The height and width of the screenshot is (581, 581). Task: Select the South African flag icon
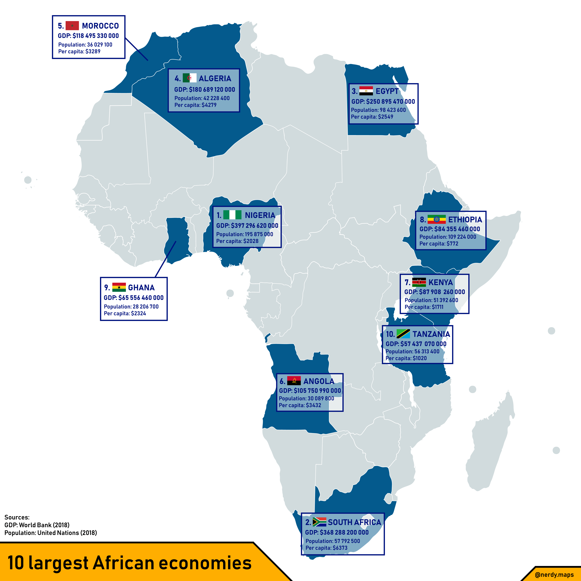pos(319,522)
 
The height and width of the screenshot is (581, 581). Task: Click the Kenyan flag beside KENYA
pos(419,282)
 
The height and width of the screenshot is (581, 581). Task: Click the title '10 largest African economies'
pos(129,563)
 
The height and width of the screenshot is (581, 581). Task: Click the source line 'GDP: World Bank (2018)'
pos(37,525)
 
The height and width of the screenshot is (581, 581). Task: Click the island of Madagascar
pos(490,446)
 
